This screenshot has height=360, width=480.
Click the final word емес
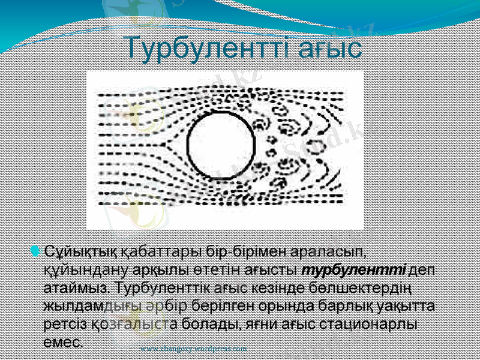(64, 343)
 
